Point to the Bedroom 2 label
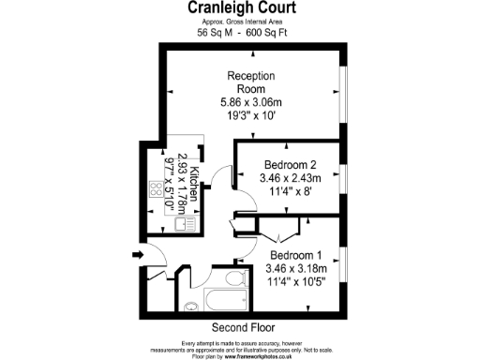(290, 163)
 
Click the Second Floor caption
(240, 327)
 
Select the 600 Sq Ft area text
(266, 32)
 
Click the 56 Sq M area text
(215, 32)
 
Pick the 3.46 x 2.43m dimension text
(290, 176)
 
